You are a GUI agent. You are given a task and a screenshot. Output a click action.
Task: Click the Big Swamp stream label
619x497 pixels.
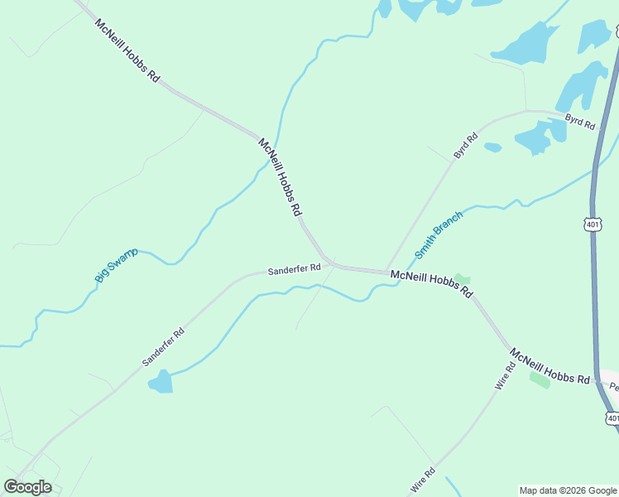(x=116, y=265)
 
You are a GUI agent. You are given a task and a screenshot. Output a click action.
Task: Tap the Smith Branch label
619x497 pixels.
(x=438, y=234)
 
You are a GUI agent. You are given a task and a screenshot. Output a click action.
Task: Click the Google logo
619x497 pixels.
(x=27, y=486)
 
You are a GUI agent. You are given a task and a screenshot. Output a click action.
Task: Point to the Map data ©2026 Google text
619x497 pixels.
(x=568, y=490)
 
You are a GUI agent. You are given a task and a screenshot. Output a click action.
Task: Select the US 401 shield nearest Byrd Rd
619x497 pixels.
(x=593, y=224)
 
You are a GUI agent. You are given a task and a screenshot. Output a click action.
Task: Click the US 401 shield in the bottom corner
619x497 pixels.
(x=612, y=418)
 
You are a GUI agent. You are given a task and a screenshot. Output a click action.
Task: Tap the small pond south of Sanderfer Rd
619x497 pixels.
(x=161, y=382)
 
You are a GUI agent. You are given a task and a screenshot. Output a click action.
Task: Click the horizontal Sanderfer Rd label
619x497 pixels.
(x=294, y=269)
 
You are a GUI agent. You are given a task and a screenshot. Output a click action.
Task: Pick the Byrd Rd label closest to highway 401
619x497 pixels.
(x=580, y=122)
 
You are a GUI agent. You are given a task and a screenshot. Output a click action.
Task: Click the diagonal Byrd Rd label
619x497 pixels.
(x=466, y=146)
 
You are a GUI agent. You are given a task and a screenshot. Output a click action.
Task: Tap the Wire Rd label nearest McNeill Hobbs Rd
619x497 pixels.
(x=504, y=377)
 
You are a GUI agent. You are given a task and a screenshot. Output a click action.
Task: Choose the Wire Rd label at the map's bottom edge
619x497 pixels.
(x=423, y=481)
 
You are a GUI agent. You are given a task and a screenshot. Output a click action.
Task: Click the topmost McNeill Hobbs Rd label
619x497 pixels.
(x=127, y=50)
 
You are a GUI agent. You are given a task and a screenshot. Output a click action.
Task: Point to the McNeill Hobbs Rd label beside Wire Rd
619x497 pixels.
(x=549, y=366)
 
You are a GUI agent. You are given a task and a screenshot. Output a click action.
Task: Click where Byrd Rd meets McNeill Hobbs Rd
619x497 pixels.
(x=387, y=272)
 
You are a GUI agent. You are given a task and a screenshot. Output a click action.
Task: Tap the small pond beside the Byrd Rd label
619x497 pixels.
(x=493, y=147)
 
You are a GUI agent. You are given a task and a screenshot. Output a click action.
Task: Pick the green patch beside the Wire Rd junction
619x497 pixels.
(x=539, y=379)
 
